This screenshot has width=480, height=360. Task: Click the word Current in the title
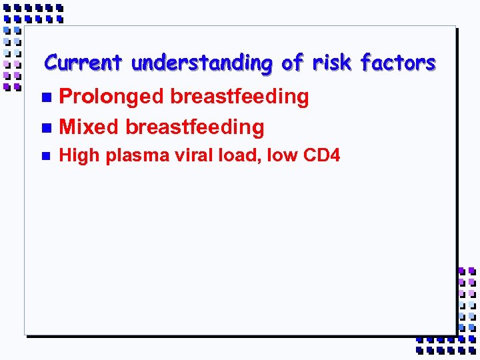tap(83, 63)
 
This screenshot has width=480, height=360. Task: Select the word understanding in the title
tap(202, 64)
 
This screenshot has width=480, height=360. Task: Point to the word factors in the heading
tap(398, 63)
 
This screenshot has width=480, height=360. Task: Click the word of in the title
tap(293, 63)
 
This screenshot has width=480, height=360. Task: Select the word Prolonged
tap(111, 97)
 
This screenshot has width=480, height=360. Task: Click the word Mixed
tap(89, 127)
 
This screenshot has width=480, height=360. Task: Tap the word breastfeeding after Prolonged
tap(239, 97)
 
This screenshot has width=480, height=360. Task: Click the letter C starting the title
tap(51, 63)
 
